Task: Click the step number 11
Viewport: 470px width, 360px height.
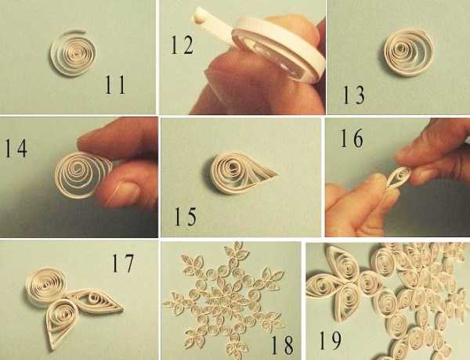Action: pos(115,85)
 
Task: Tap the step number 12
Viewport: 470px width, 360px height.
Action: pos(182,45)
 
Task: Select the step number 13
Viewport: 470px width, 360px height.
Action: pos(354,95)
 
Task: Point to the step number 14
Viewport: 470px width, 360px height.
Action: pos(16,148)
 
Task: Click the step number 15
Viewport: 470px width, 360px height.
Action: pos(186,217)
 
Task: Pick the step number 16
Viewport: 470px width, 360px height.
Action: pos(352,138)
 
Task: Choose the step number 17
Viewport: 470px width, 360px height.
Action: pos(123,263)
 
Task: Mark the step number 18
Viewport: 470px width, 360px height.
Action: pos(282,345)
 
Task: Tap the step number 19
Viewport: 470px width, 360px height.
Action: pos(330,340)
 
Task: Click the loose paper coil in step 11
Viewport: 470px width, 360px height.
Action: pos(73,52)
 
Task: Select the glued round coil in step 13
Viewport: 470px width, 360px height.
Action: pos(409,52)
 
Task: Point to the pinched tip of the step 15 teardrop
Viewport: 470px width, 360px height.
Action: pos(276,174)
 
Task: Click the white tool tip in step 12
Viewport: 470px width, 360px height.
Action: pos(198,16)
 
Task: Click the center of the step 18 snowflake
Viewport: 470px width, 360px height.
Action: pos(228,300)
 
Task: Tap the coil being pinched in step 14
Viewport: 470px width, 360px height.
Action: pos(81,175)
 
